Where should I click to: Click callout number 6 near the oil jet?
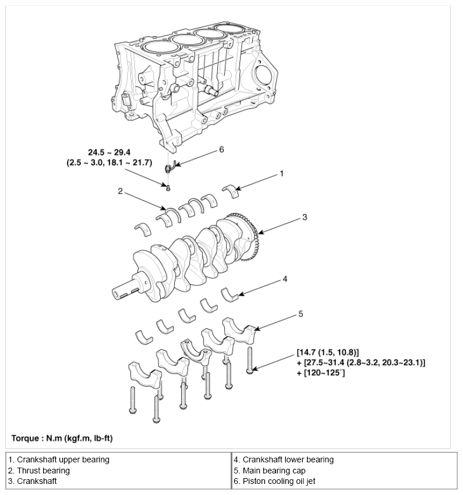(x=221, y=149)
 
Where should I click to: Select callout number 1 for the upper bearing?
(x=281, y=174)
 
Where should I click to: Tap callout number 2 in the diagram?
(x=120, y=191)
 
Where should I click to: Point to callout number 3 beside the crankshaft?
(x=305, y=217)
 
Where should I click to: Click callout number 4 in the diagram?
(x=285, y=279)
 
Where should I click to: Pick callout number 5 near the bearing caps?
(x=301, y=314)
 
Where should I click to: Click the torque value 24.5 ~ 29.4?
(x=109, y=153)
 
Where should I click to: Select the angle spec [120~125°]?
(x=321, y=373)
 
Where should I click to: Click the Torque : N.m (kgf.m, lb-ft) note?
(x=62, y=438)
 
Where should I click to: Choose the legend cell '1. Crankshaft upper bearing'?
(x=59, y=459)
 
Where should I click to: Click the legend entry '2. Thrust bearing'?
(x=39, y=471)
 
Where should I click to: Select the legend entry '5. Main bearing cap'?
(x=270, y=471)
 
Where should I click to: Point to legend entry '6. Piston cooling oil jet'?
(x=274, y=481)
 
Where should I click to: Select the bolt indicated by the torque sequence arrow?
(x=250, y=360)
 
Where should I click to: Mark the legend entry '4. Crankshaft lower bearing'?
(x=284, y=459)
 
